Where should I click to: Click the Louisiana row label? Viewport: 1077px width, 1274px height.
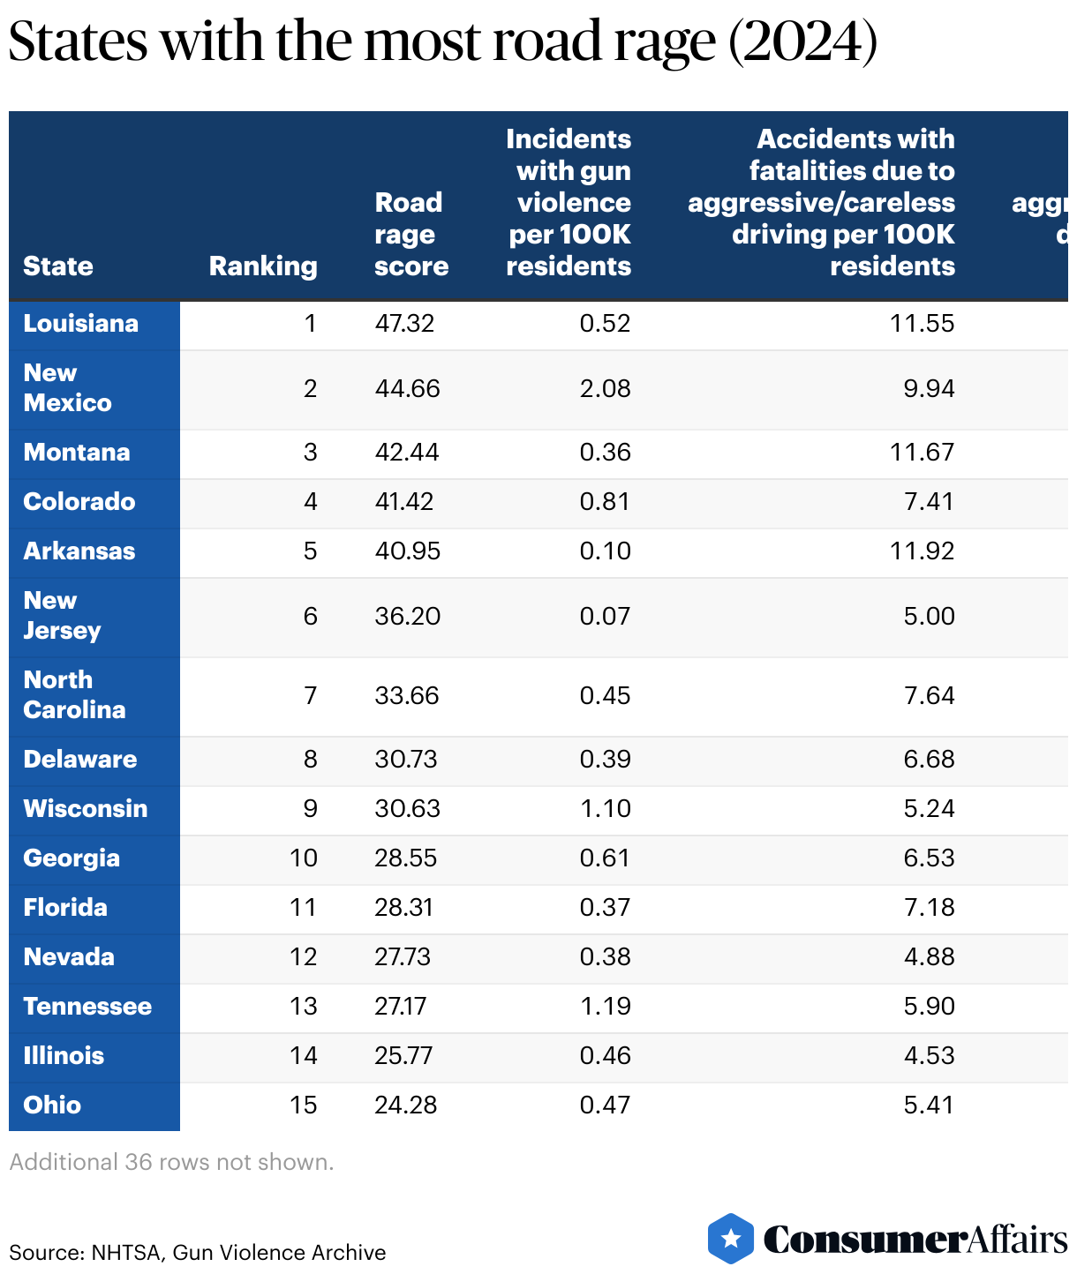[80, 324]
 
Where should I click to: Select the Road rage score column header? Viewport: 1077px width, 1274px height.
[411, 235]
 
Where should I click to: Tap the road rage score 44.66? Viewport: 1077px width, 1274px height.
[407, 389]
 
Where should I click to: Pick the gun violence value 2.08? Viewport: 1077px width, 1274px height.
[605, 389]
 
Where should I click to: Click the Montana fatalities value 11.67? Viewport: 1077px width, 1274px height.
[922, 453]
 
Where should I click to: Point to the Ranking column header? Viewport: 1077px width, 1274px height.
[262, 266]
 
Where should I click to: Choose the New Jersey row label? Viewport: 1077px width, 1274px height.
[62, 616]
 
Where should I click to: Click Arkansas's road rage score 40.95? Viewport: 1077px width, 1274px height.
[407, 551]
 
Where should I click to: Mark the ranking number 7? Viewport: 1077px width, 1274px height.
[310, 696]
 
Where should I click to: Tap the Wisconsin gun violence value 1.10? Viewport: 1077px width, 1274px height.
[605, 809]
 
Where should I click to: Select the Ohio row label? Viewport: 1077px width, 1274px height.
[52, 1105]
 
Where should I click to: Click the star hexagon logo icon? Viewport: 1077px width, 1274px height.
[731, 1239]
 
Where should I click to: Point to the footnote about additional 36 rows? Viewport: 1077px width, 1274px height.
[171, 1162]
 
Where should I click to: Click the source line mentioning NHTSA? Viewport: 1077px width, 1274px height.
[198, 1253]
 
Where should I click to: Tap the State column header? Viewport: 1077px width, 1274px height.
[58, 266]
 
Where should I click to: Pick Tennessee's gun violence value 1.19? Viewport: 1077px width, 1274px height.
[605, 1007]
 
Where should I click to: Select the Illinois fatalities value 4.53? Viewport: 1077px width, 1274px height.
[929, 1056]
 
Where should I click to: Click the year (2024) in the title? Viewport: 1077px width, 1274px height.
[802, 41]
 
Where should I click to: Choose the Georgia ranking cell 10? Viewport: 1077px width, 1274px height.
[303, 858]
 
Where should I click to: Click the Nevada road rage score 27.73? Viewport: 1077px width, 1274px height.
[403, 957]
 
